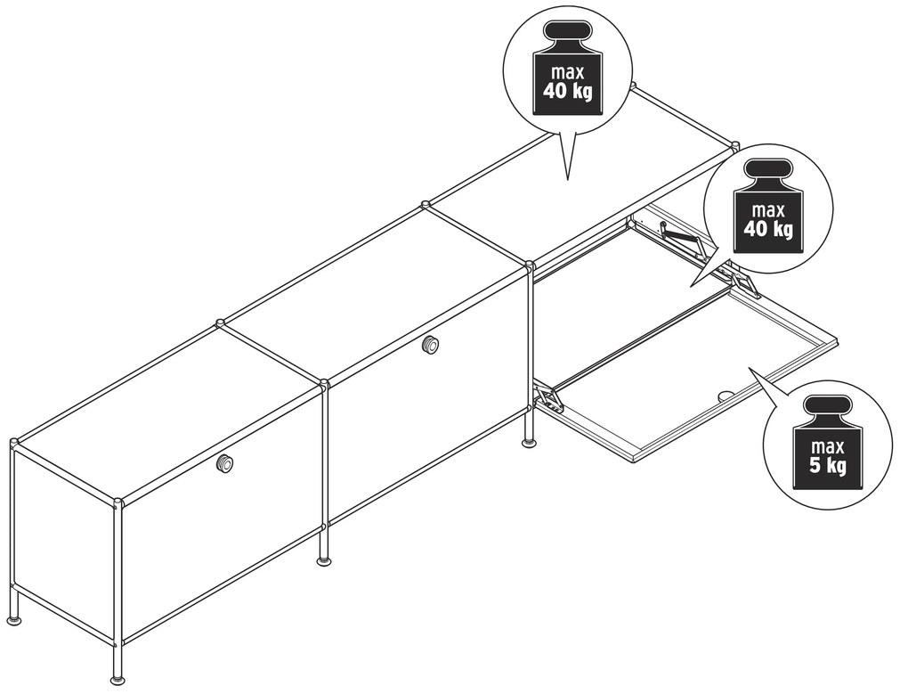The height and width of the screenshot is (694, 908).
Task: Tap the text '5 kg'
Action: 828,465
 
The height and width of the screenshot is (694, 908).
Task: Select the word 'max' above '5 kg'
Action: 828,446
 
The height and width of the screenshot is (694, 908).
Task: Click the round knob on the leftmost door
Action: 224,463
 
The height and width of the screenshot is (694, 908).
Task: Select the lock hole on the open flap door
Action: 725,396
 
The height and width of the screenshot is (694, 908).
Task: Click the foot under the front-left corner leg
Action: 118,680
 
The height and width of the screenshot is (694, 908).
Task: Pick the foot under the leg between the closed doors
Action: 325,560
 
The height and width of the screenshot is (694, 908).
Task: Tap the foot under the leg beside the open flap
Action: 530,444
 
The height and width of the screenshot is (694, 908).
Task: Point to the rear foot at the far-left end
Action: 16,621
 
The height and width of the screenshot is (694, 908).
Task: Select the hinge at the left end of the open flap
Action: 548,398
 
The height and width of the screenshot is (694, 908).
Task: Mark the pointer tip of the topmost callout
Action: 567,180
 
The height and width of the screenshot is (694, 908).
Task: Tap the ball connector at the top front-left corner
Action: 118,502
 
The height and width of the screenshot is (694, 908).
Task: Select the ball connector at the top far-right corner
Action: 735,145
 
